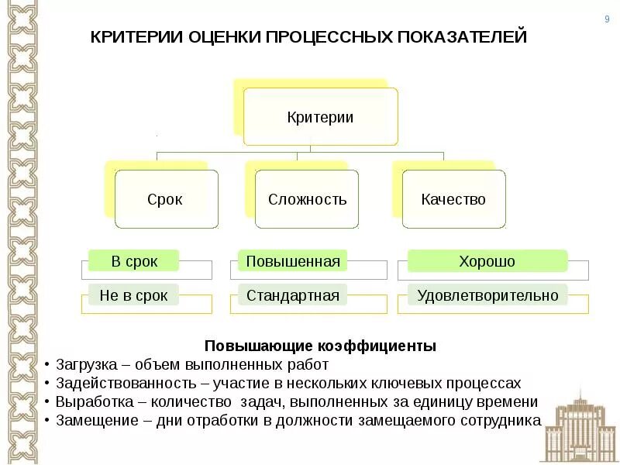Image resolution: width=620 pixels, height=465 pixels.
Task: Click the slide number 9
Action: pos(607,19)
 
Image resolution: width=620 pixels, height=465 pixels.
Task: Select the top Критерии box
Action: pos(320,117)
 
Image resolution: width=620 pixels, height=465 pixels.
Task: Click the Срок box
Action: pos(166,199)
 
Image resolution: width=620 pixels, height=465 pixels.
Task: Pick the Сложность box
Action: pos(307,199)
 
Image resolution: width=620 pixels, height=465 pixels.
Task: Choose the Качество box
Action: pos(453,199)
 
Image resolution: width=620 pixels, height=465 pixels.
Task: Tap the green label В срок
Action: pos(134,261)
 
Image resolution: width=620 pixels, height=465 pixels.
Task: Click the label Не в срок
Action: pos(134,295)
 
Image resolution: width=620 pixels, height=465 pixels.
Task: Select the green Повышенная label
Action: pos(292,261)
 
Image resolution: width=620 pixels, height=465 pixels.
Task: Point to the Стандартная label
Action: pos(292,295)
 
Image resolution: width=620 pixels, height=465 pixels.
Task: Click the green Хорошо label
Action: pos(487,261)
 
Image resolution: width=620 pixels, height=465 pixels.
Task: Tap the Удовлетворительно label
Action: pos(487,295)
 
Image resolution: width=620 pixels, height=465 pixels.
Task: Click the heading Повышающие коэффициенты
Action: pos(320,346)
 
